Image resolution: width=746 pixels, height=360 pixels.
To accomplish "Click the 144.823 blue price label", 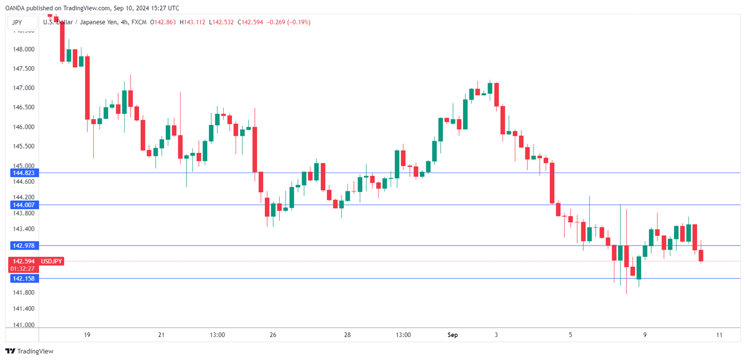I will click(x=24, y=173).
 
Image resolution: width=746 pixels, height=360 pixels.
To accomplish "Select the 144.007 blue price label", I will click(x=24, y=205).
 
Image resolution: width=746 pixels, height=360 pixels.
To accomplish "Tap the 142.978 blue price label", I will click(x=24, y=246).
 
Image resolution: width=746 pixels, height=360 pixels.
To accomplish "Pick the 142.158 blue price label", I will click(x=24, y=279).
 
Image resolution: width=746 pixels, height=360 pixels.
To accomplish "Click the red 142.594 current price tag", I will click(x=24, y=261).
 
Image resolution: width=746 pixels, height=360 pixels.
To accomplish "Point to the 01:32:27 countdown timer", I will click(x=24, y=268).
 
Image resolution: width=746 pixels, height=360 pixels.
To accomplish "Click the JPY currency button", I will click(x=17, y=22).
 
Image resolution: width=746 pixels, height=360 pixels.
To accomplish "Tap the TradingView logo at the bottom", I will click(x=29, y=351).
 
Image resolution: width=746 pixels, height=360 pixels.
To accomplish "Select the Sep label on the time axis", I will click(x=452, y=335).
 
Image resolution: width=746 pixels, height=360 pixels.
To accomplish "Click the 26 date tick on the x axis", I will click(x=273, y=335).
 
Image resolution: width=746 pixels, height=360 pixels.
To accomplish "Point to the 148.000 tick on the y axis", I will click(x=23, y=50).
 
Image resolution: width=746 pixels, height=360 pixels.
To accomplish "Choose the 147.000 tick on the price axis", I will click(x=23, y=88).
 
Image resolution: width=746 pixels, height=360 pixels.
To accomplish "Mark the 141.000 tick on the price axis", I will click(x=23, y=325).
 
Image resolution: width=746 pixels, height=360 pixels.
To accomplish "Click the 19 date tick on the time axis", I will click(x=87, y=335).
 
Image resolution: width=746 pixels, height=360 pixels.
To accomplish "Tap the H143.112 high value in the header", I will click(x=193, y=22).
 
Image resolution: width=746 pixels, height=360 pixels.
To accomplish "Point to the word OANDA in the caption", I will click(x=16, y=8).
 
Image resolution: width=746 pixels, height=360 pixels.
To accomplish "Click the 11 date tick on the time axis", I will click(x=719, y=335).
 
